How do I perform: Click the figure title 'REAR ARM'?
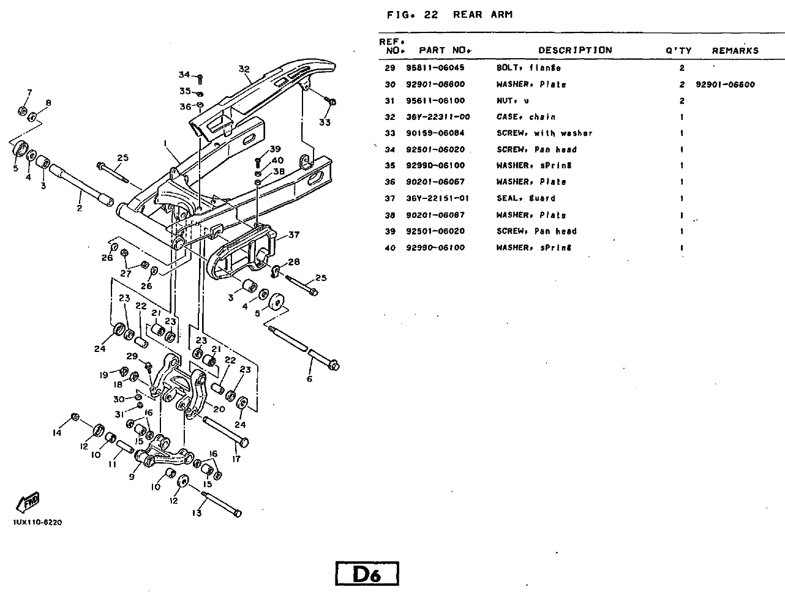(x=483, y=15)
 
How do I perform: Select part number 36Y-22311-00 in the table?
(x=438, y=117)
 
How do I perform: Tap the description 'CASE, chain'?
(x=525, y=117)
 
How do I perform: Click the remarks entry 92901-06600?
(x=725, y=84)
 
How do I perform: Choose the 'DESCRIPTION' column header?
(x=574, y=50)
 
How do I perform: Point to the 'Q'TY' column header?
(x=678, y=51)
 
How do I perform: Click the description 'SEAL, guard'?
(x=525, y=198)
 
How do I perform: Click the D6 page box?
(x=367, y=574)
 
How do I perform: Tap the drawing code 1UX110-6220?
(x=37, y=523)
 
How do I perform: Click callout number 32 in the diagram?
(x=244, y=69)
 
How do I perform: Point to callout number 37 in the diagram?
(x=294, y=234)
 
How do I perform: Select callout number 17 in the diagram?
(x=236, y=458)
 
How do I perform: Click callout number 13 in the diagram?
(x=196, y=513)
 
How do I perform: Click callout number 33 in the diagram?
(x=325, y=122)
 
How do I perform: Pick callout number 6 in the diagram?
(x=309, y=379)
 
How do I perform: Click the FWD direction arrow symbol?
(x=29, y=502)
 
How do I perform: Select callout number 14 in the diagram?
(x=57, y=433)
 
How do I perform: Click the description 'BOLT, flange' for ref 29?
(x=528, y=68)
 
